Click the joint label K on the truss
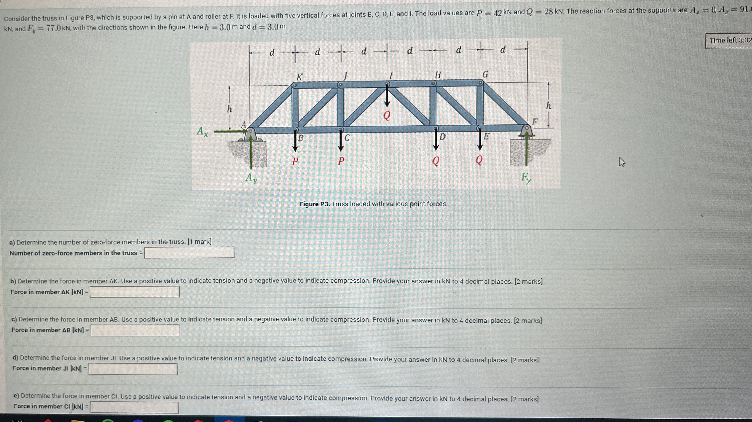pos(299,77)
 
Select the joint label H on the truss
pos(438,75)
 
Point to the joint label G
pos(485,75)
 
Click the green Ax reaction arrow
pos(231,132)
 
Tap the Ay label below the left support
pos(251,178)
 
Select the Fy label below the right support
pos(526,177)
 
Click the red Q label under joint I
pos(386,116)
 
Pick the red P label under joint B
pos(295,161)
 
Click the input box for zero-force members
pos(189,252)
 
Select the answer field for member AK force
pos(135,291)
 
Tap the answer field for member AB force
pos(135,330)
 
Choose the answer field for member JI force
pos(133,369)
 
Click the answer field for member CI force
pos(134,407)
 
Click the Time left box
pos(729,40)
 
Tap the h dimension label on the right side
pos(549,106)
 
